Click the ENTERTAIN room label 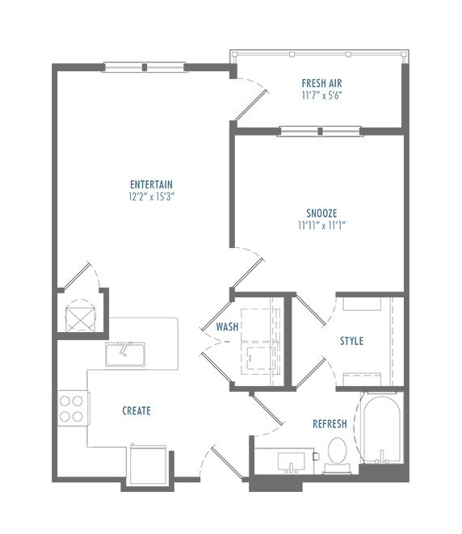151,184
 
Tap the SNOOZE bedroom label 321,213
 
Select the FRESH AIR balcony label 321,83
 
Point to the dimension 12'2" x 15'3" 152,196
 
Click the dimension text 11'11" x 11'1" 322,225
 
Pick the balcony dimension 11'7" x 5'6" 321,95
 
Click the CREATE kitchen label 136,410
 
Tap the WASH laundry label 227,327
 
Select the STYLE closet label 351,341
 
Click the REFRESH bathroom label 330,423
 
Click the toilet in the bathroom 337,455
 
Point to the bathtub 382,428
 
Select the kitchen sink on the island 125,354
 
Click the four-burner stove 72,408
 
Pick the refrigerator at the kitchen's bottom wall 148,465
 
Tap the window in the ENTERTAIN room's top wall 145,67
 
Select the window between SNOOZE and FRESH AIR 320,131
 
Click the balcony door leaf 251,105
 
